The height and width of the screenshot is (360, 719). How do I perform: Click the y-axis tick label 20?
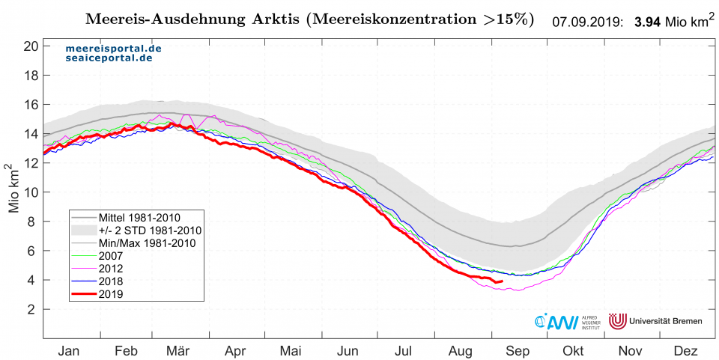pyautogui.click(x=31, y=46)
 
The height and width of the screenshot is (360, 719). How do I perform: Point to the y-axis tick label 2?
pyautogui.click(x=34, y=309)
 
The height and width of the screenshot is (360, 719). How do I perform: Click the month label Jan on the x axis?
pyautogui.click(x=68, y=350)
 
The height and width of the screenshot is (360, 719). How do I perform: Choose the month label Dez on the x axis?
pyautogui.click(x=685, y=350)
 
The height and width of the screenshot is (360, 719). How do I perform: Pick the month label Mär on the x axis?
pyautogui.click(x=178, y=350)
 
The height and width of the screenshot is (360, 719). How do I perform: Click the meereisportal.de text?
pyautogui.click(x=112, y=48)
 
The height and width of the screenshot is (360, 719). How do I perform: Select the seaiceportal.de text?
pyautogui.click(x=109, y=58)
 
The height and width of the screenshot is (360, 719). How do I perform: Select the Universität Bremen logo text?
pyautogui.click(x=667, y=321)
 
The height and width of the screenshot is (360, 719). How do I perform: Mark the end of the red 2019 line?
pyautogui.click(x=502, y=281)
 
